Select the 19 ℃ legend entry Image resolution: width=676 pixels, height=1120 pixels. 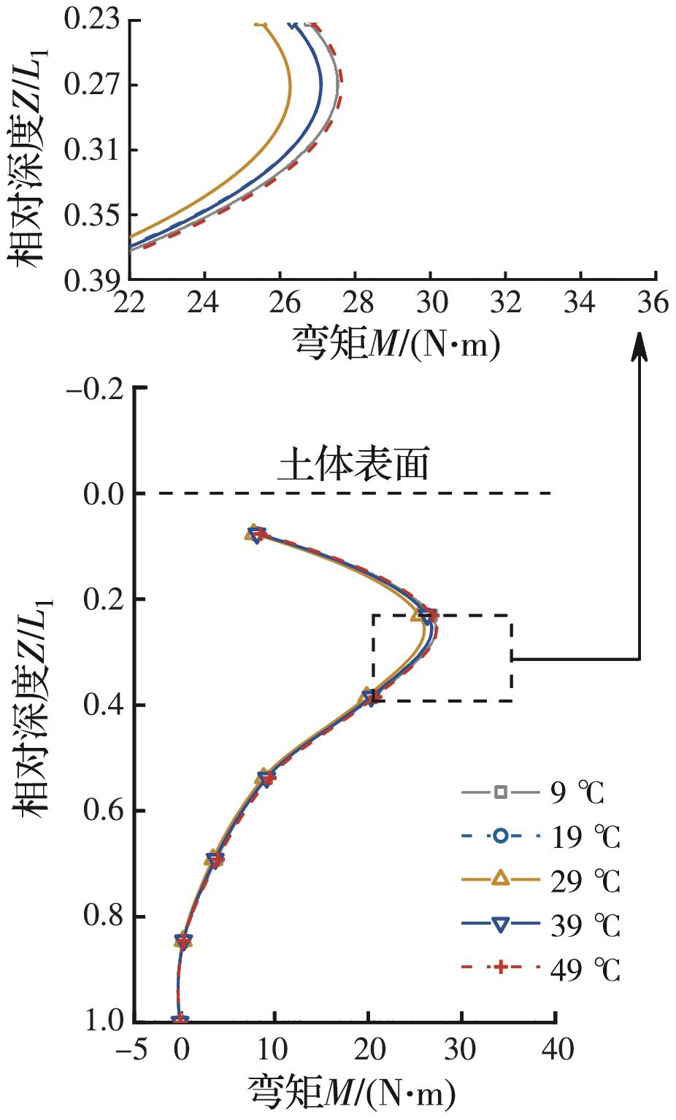click(x=540, y=837)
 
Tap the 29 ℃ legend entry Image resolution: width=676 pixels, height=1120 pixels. click(x=540, y=881)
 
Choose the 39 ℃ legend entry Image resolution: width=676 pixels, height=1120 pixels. click(x=540, y=925)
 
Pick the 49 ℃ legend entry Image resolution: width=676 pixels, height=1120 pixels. click(x=540, y=970)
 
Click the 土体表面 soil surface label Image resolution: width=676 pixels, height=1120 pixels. click(x=353, y=465)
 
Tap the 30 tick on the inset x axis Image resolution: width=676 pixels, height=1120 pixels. click(x=430, y=301)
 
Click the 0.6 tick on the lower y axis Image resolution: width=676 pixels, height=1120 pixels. click(x=103, y=811)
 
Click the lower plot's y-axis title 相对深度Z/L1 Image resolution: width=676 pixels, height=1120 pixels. click(x=33, y=704)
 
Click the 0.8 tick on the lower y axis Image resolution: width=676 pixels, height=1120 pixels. click(x=103, y=916)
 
